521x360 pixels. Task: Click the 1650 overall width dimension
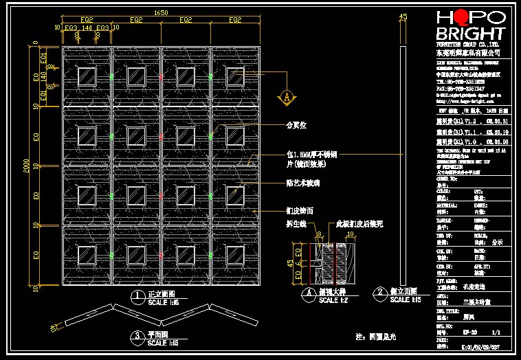(160, 12)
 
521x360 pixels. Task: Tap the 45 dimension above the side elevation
(403, 16)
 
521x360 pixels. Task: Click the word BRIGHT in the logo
(470, 34)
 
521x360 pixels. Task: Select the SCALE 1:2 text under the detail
(335, 300)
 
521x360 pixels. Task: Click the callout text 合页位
(296, 126)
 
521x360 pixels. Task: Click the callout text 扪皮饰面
(300, 210)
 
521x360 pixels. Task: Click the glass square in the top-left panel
(87, 76)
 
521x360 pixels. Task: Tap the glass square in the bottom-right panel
(236, 254)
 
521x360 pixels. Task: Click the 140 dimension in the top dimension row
(87, 27)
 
